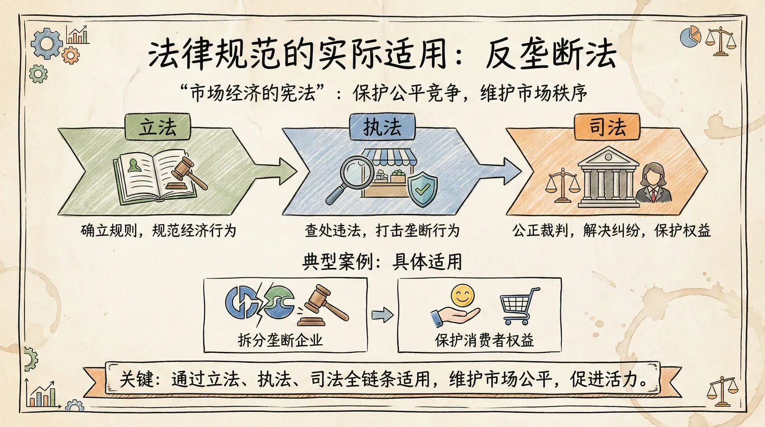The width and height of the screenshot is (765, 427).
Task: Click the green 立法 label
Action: [x=158, y=127]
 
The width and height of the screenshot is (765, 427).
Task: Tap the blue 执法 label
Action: [x=382, y=127]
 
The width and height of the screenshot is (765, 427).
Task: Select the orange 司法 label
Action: [x=607, y=127]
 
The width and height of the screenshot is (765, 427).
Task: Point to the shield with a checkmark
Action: [x=422, y=189]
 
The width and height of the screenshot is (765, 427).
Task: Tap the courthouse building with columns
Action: [x=608, y=177]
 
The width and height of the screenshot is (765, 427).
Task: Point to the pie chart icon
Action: [x=690, y=36]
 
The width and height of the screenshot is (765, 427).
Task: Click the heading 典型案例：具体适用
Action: [x=382, y=262]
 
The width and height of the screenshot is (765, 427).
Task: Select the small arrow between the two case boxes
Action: [x=382, y=315]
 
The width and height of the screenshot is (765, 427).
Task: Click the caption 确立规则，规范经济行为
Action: [x=158, y=231]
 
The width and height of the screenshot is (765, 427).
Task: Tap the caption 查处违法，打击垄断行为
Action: [x=382, y=231]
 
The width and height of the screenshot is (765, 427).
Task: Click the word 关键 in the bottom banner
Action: [x=136, y=379]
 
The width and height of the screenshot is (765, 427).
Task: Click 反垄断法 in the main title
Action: [x=551, y=55]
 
